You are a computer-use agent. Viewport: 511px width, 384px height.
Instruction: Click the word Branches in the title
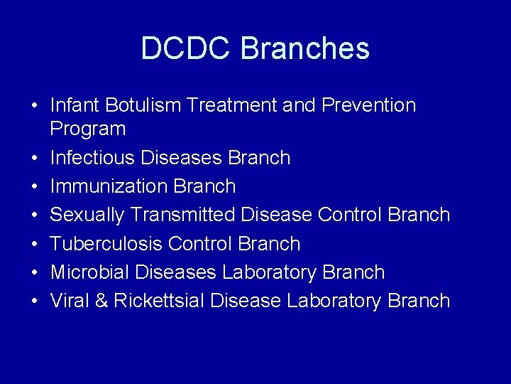(x=305, y=48)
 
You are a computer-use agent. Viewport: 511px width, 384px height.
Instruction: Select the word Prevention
(x=368, y=105)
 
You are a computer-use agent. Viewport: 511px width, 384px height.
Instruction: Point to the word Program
(x=87, y=129)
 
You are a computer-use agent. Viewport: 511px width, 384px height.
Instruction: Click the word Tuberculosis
(x=106, y=243)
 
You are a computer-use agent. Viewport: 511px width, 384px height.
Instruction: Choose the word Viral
(x=70, y=300)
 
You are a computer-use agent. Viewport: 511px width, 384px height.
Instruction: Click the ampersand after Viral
(x=101, y=300)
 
